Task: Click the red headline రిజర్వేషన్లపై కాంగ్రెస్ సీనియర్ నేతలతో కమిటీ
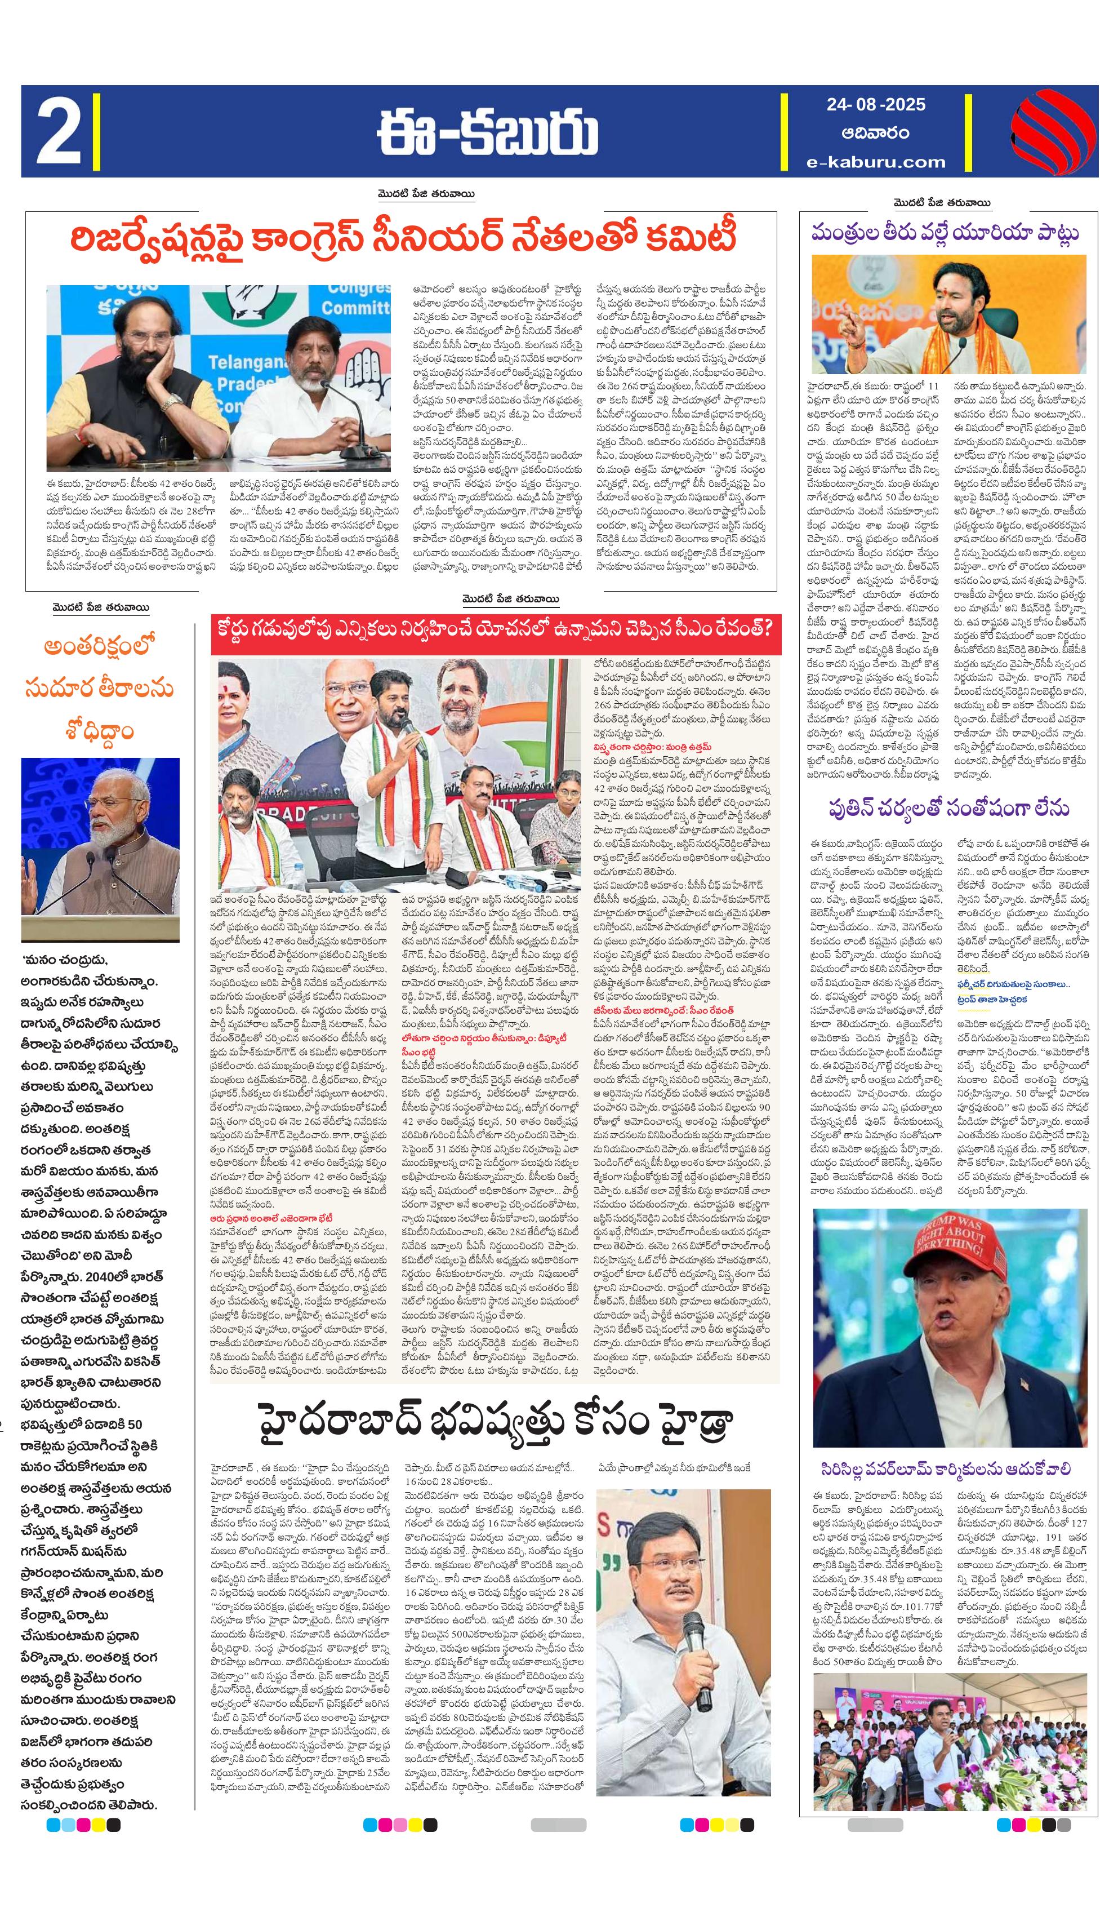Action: [403, 238]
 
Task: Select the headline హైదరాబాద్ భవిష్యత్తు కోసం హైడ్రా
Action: [495, 1422]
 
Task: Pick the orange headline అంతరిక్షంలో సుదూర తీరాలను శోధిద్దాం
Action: [99, 689]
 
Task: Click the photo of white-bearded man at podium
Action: [100, 849]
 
